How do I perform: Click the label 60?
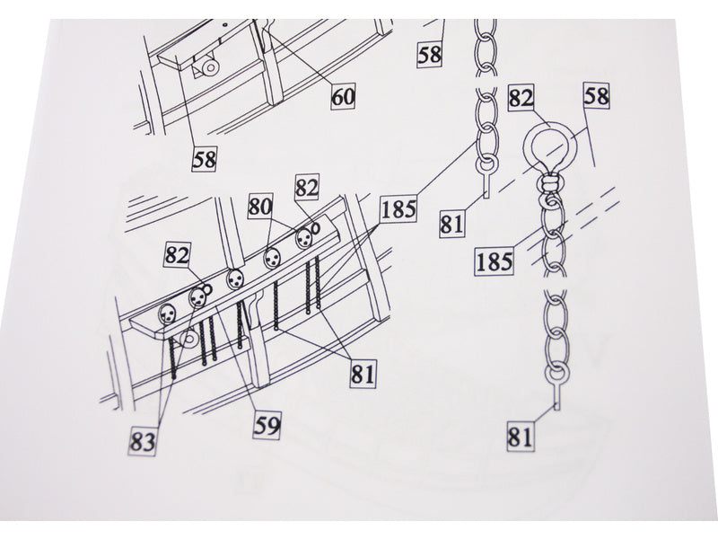(x=344, y=97)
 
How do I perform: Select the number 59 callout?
(x=267, y=426)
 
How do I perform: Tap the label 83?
(x=143, y=442)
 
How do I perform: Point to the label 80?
(x=260, y=207)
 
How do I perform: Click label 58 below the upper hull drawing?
(x=205, y=159)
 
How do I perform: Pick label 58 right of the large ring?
(x=597, y=96)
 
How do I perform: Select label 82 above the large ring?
(x=521, y=98)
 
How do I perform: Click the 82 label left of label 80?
(x=177, y=255)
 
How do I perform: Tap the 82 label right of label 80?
(x=307, y=187)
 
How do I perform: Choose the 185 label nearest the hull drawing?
(x=398, y=210)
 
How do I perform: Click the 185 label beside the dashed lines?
(x=495, y=261)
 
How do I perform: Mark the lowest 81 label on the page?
(x=521, y=437)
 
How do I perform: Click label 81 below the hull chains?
(x=363, y=374)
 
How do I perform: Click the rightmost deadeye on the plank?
(x=303, y=237)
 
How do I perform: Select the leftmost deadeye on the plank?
(x=167, y=314)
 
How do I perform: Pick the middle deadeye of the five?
(x=235, y=278)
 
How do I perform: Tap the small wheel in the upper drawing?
(x=210, y=68)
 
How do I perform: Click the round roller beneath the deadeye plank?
(x=189, y=340)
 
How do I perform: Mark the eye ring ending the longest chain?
(x=556, y=376)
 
